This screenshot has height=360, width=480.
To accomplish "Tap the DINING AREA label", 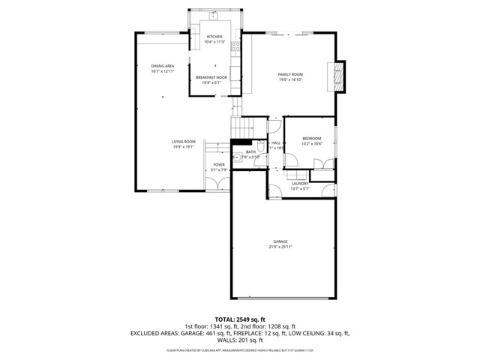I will coord(163,66).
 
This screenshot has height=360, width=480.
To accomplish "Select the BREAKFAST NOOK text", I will coord(211,77).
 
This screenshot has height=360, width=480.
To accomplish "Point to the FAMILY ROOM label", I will coord(290,74).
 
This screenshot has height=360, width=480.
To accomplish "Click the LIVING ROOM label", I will coord(184,142).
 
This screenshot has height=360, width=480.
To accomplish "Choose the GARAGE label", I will coord(280,241).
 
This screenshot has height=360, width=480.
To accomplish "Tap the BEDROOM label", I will coord(312,138).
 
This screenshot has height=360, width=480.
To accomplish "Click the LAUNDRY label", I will coord(300,183).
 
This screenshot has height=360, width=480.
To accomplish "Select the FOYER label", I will coord(219,164).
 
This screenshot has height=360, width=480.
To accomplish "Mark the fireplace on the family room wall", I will coord(338,76).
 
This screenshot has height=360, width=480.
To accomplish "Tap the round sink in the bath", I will coord(235,157).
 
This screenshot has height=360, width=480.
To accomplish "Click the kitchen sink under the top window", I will coord(214,19).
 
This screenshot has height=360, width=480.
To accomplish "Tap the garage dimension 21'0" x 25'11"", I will coord(280,247).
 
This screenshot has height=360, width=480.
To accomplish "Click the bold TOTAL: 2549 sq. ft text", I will coord(240,319).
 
